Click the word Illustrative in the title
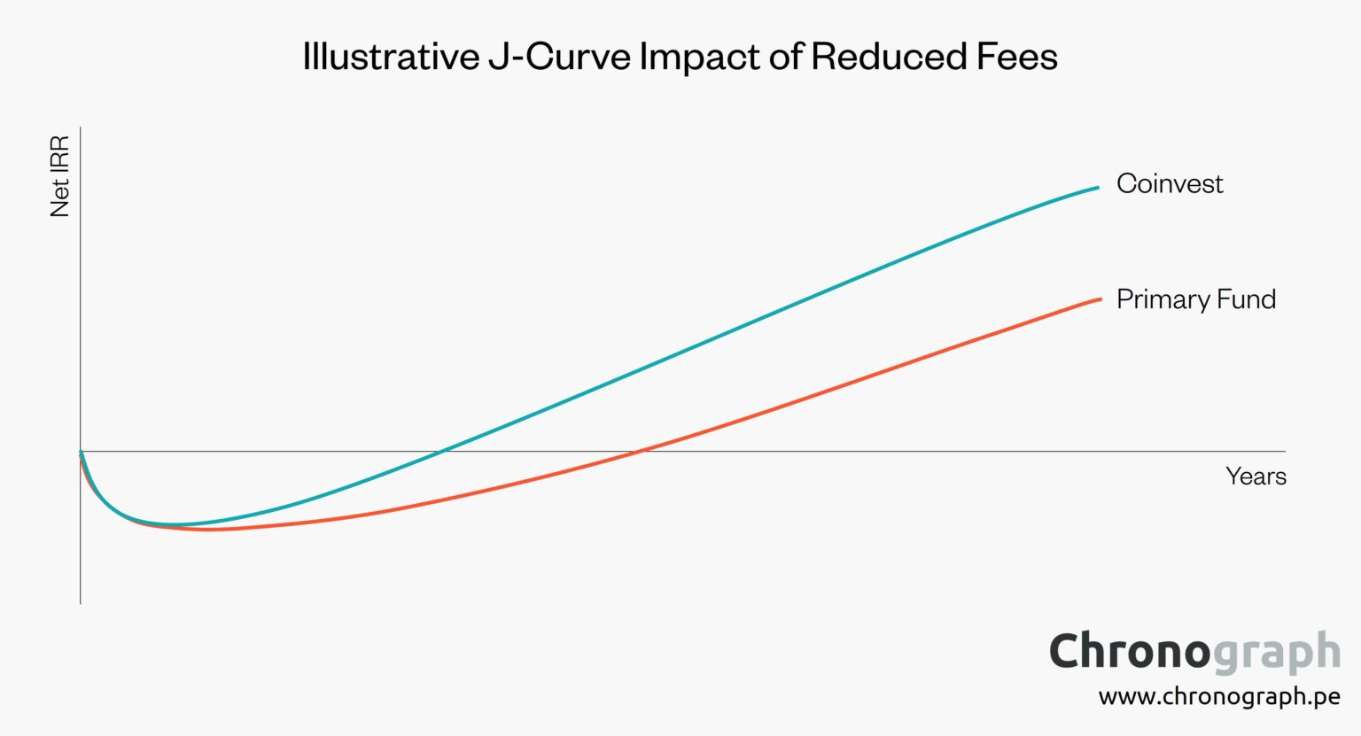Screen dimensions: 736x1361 (391, 57)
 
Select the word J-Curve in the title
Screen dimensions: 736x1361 (559, 57)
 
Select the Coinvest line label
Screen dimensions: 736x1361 (1170, 183)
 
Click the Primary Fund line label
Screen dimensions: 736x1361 (1196, 299)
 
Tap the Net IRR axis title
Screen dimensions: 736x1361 (59, 176)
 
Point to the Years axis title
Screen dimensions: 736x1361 (1256, 476)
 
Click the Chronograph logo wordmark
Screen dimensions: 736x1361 (1194, 653)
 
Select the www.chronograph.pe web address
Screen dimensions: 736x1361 (1219, 697)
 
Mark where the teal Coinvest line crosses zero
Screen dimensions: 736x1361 (440, 452)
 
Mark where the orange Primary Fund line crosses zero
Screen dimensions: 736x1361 (640, 452)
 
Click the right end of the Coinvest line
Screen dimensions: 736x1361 (1098, 188)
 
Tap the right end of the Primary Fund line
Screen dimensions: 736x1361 (1100, 299)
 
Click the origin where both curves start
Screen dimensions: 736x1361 (81, 452)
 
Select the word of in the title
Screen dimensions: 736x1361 (784, 57)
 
